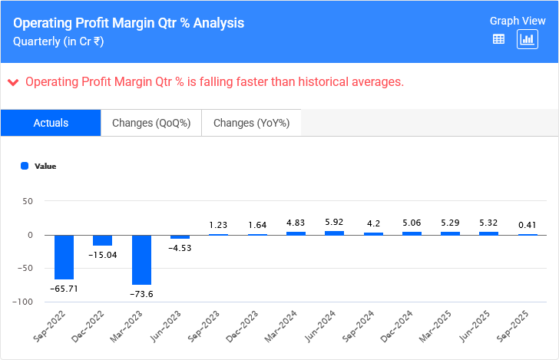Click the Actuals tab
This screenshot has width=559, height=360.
pos(51,123)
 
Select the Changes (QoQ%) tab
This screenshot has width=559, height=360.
pos(151,123)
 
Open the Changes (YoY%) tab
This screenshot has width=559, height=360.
pos(251,123)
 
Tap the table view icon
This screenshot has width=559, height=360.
pos(498,39)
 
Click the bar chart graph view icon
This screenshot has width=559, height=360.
pos(528,39)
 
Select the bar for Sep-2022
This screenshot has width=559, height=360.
pos(64,257)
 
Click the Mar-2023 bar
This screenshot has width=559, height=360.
pos(141,259)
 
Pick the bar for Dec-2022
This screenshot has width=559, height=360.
pos(103,240)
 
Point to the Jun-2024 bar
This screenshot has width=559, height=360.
pos(334,233)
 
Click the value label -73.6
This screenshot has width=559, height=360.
pos(141,294)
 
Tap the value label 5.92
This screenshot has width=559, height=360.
pos(334,223)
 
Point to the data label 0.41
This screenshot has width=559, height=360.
pos(528,225)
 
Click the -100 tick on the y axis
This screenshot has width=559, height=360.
pos(21,302)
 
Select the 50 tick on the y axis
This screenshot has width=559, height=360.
pos(28,201)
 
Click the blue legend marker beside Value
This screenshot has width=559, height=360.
pos(25,166)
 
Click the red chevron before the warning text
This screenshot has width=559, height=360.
pos(13,82)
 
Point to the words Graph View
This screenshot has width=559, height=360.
pos(518,21)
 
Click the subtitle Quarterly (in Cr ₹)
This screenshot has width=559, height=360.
pos(58,41)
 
